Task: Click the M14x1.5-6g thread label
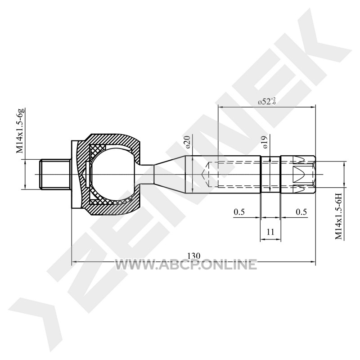click(x=20, y=131)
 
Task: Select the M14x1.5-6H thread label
click(x=339, y=216)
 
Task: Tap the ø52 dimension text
click(x=266, y=101)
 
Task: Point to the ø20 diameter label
click(x=188, y=142)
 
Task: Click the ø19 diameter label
click(x=265, y=142)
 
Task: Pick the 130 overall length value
click(x=194, y=256)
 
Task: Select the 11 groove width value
click(x=271, y=232)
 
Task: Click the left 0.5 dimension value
click(x=239, y=212)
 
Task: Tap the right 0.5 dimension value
click(x=301, y=211)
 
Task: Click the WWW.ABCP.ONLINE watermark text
click(x=186, y=264)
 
